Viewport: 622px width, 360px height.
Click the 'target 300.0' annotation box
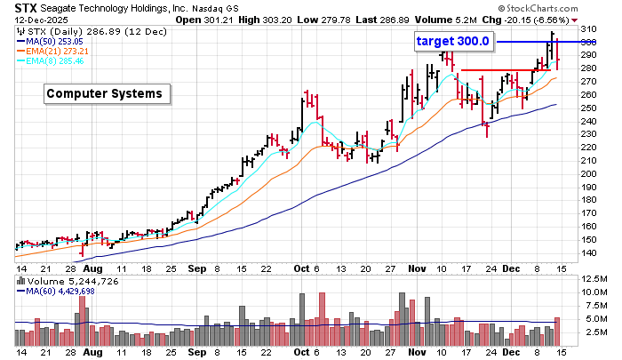(x=453, y=41)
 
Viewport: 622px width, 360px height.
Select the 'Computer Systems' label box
(x=104, y=92)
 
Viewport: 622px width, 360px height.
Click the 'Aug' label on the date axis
(x=93, y=267)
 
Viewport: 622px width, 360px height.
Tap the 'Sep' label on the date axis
(x=198, y=267)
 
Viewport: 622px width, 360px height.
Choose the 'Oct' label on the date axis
(x=302, y=267)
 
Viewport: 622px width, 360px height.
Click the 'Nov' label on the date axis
(x=419, y=267)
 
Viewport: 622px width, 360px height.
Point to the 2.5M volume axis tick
(x=594, y=332)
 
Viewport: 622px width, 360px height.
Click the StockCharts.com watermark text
(x=570, y=8)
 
